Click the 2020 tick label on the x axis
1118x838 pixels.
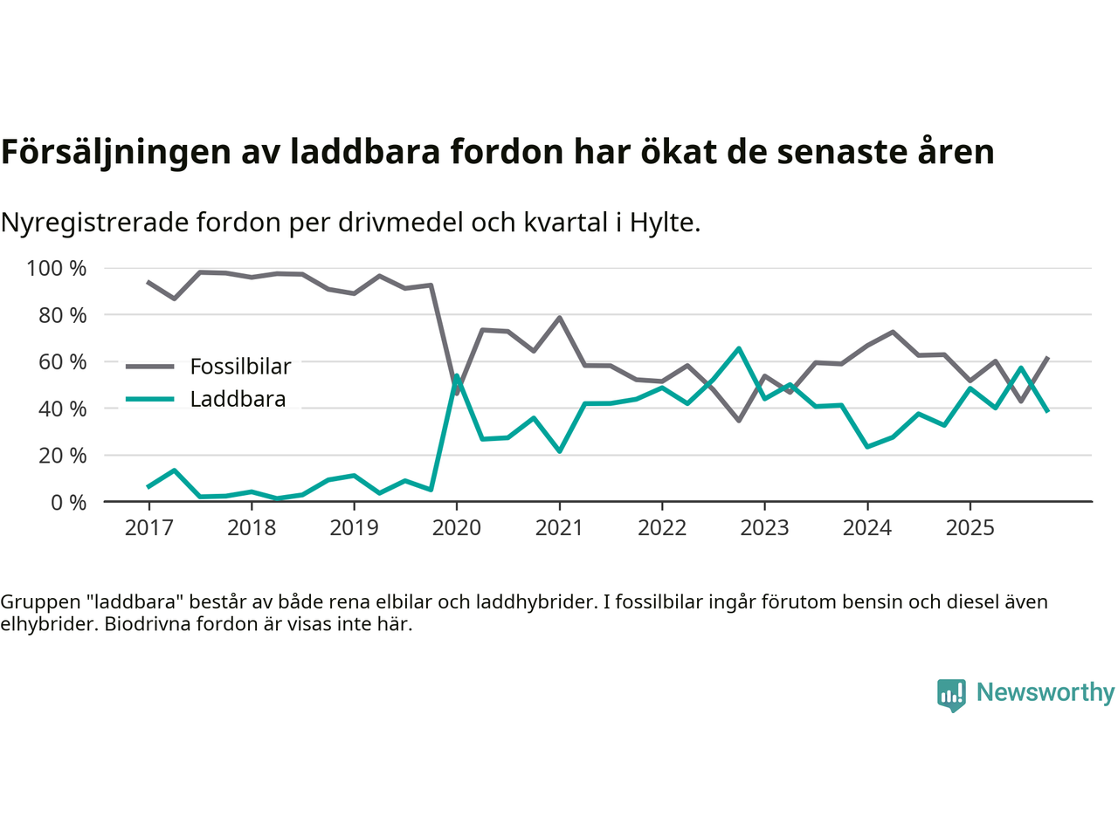[x=456, y=527]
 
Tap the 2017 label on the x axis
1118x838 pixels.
[x=148, y=527]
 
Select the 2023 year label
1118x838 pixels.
[x=764, y=527]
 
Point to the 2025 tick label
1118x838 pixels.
[x=970, y=527]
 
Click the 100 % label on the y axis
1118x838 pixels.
[x=57, y=268]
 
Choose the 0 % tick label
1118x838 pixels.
[x=68, y=502]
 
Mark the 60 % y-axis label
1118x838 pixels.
[x=62, y=361]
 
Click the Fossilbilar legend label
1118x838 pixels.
[x=240, y=367]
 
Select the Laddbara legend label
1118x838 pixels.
[x=238, y=399]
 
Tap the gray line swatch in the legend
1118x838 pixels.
[x=149, y=367]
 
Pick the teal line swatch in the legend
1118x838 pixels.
[x=149, y=399]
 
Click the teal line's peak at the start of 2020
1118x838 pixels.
[x=456, y=376]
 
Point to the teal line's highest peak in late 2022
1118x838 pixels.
[x=739, y=348]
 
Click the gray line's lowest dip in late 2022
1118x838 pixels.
[x=739, y=421]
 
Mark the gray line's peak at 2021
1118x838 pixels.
[x=559, y=318]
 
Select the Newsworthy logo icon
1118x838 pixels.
[x=951, y=695]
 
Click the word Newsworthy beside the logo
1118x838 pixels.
[x=1046, y=692]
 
